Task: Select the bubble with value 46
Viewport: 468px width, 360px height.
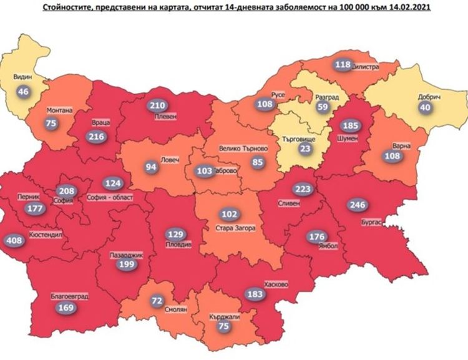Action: click(24, 92)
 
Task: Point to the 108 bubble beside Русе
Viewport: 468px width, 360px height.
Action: click(265, 104)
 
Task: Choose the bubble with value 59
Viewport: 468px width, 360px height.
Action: click(323, 107)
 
